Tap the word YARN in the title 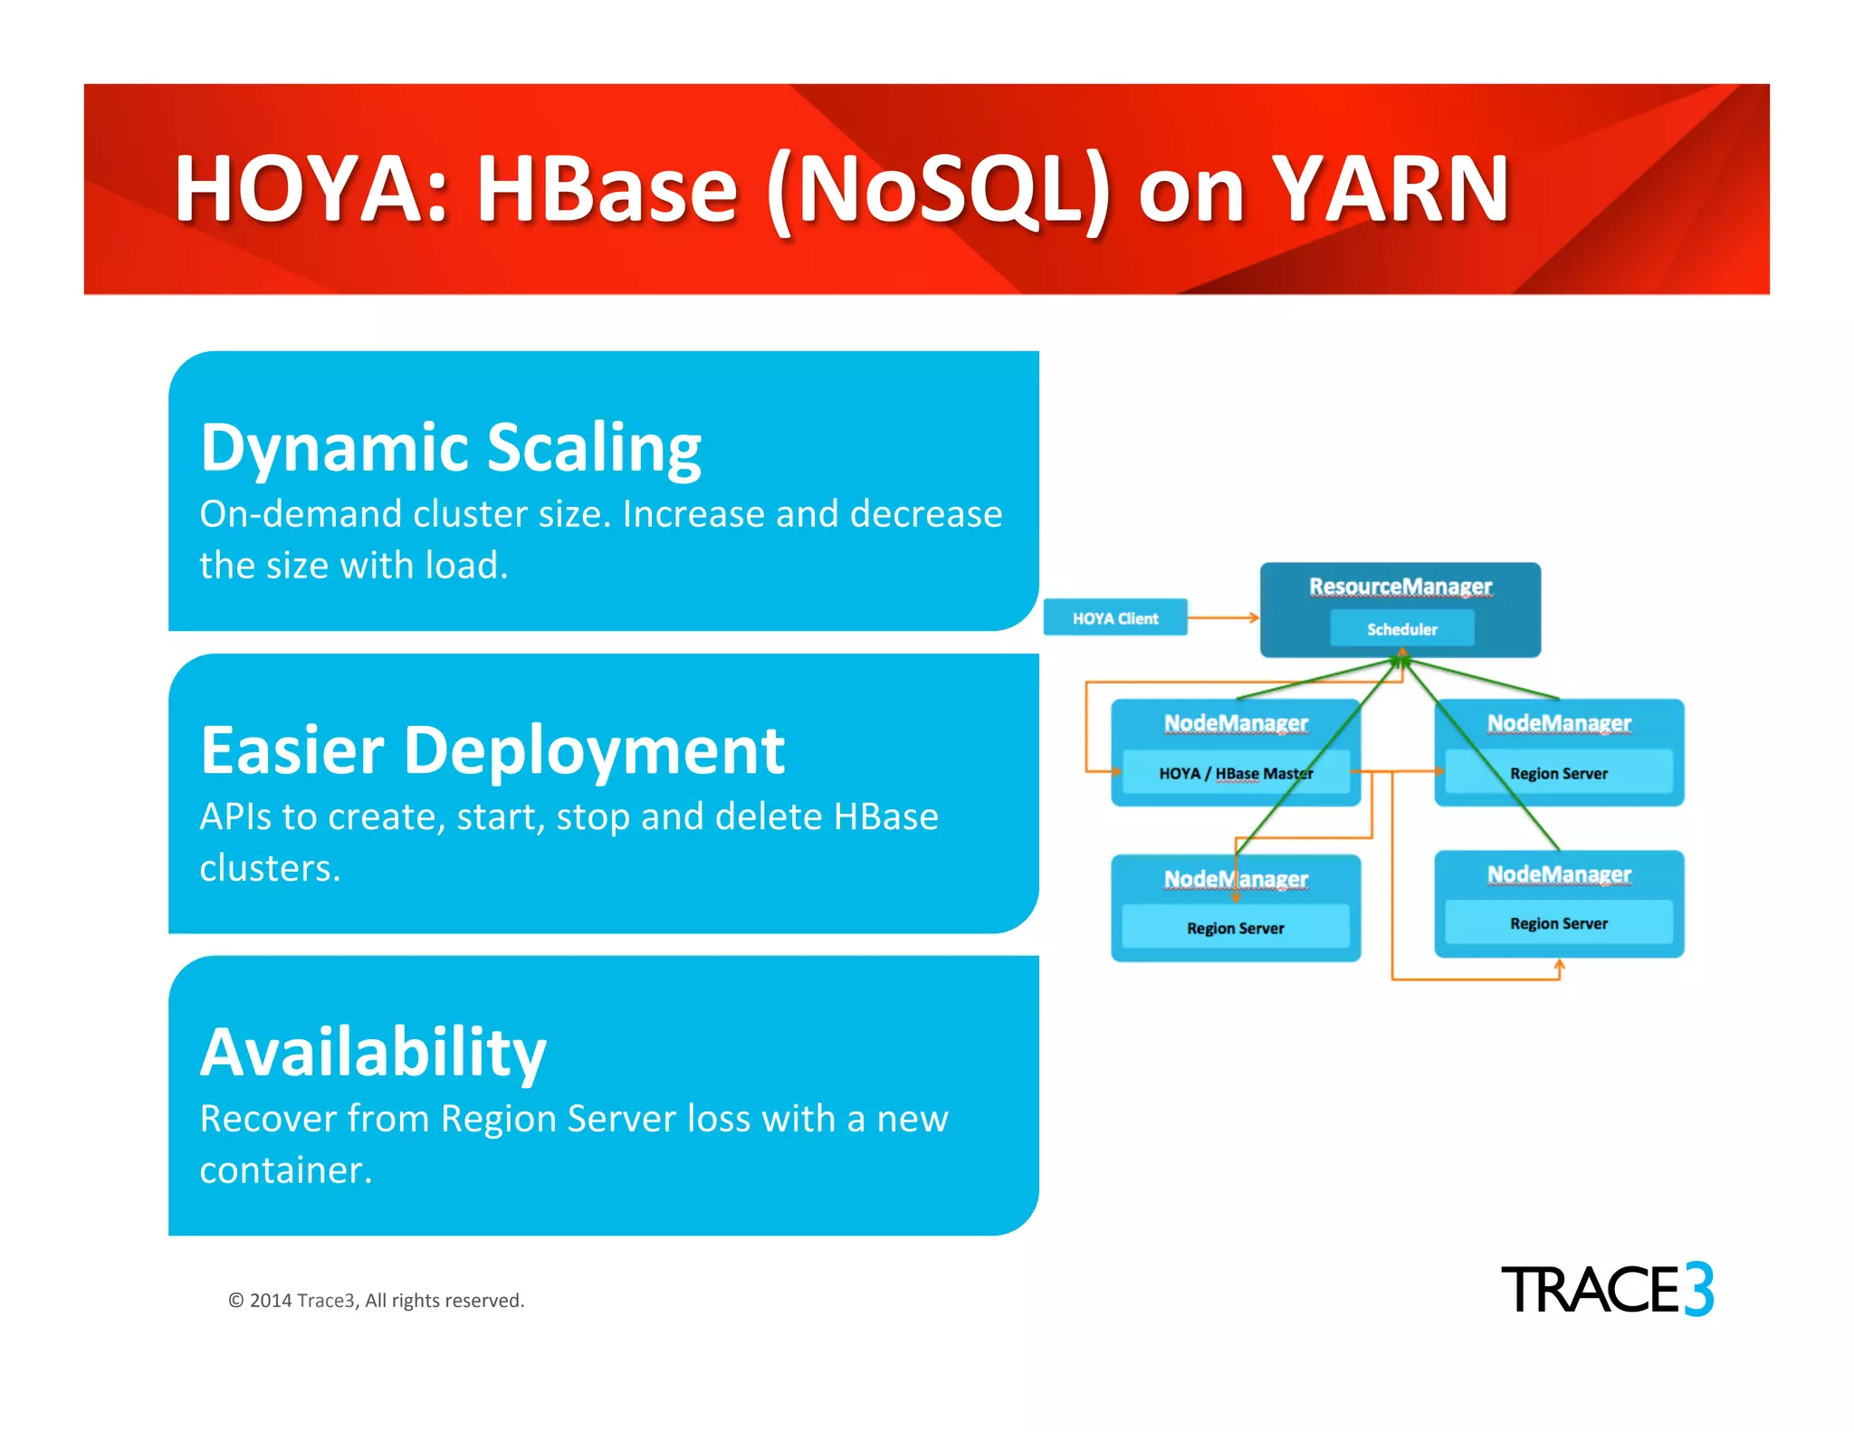(1390, 189)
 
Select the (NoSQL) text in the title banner (938, 189)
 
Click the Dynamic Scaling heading (450, 447)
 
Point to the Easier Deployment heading (492, 750)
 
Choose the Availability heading (373, 1053)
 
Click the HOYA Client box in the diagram (1114, 618)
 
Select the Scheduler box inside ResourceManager (1401, 629)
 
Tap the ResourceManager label (1400, 587)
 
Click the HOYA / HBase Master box (1235, 774)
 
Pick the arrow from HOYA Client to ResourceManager (1222, 618)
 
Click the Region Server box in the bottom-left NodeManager (1235, 928)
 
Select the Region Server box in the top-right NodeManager (1558, 774)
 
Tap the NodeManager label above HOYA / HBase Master (1235, 723)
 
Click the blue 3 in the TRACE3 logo (1698, 1289)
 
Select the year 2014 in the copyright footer (270, 1301)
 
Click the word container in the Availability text (284, 1170)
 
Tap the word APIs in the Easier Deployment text (235, 816)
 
